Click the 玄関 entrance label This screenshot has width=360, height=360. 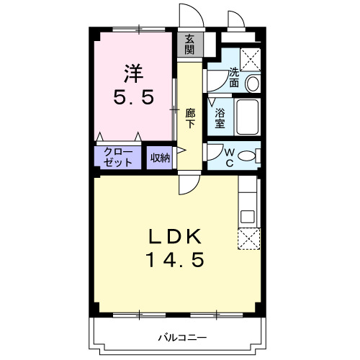click(x=189, y=44)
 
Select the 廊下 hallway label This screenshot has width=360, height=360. click(x=190, y=117)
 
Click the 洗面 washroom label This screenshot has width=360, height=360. click(x=235, y=77)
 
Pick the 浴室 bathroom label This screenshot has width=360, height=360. click(x=220, y=117)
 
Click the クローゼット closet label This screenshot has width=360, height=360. click(x=118, y=156)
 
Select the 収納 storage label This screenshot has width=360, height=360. click(x=160, y=157)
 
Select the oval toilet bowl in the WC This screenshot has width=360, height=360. click(x=247, y=156)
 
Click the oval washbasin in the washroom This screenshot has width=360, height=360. click(x=253, y=84)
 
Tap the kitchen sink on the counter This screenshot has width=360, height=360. click(x=247, y=215)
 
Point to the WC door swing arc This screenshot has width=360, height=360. click(x=214, y=153)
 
